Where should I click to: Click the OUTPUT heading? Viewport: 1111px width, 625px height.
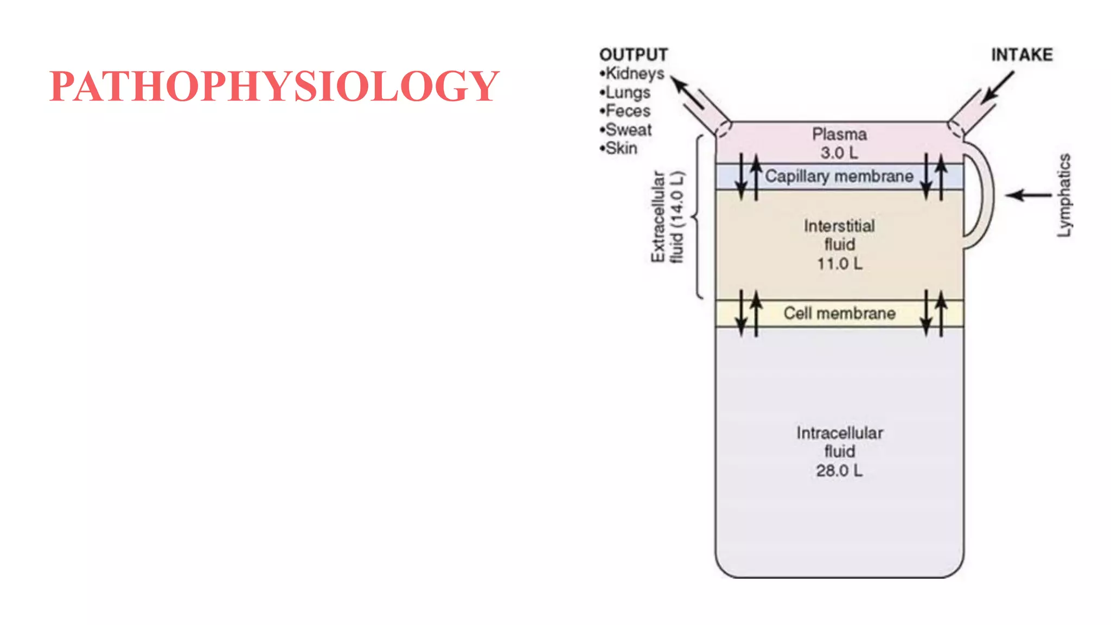pos(633,55)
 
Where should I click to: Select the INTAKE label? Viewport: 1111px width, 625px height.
pos(1021,55)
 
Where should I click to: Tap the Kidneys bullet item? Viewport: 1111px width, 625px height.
pos(634,73)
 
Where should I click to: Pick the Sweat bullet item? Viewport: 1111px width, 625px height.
pos(627,130)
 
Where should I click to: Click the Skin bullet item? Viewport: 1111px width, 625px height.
pos(620,148)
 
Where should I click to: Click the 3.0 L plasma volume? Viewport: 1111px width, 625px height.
pos(839,153)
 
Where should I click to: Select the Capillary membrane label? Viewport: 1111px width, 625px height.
pos(839,176)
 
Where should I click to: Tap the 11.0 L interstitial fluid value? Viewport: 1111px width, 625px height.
pos(839,264)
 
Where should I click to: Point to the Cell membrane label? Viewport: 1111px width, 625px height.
pos(839,314)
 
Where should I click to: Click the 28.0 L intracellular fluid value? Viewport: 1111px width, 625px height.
pos(839,470)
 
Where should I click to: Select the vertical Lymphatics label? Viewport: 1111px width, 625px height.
pos(1064,195)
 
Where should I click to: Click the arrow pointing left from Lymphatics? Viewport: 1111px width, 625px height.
pos(1029,195)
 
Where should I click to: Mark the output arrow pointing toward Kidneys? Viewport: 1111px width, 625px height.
pos(687,92)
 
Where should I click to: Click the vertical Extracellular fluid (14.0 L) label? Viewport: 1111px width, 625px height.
pos(667,217)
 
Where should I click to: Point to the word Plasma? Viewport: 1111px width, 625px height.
pos(839,134)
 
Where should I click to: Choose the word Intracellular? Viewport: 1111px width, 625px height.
pos(839,433)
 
